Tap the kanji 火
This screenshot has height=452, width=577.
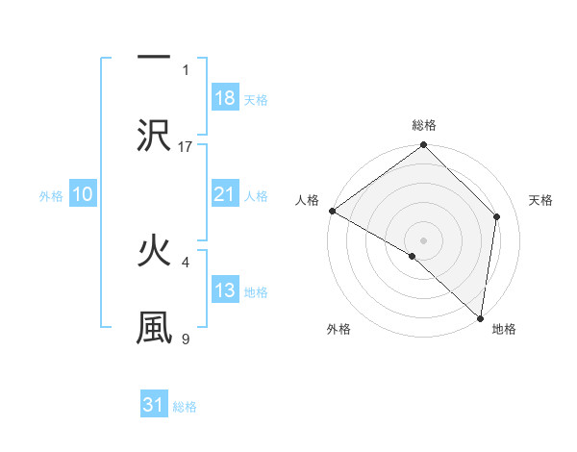[x=154, y=251]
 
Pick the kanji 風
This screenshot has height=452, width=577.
[x=154, y=326]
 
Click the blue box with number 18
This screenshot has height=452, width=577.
[x=224, y=98]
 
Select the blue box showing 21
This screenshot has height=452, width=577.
[x=224, y=194]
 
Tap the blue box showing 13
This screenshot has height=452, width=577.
[x=224, y=290]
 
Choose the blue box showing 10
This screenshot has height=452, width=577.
[x=83, y=194]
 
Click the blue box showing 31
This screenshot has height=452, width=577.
[x=154, y=406]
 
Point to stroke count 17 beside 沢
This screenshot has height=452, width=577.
[x=186, y=146]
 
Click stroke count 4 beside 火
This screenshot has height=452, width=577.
[x=186, y=261]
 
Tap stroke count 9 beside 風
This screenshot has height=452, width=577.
[x=186, y=338]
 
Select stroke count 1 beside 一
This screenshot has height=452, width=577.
[x=186, y=69]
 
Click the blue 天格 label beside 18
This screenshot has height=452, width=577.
[x=256, y=100]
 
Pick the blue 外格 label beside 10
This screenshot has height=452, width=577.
[x=51, y=196]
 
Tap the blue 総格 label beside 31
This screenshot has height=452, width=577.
[x=185, y=408]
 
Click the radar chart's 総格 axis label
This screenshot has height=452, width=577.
[x=424, y=125]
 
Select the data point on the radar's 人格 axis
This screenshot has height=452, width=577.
[x=332, y=211]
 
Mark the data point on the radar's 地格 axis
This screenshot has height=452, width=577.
[x=480, y=318]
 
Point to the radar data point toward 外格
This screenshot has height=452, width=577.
[x=413, y=256]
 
